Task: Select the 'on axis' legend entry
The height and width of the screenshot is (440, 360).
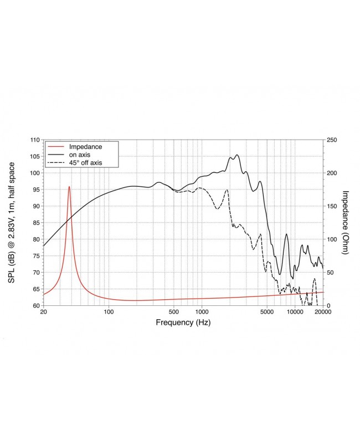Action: click(x=81, y=155)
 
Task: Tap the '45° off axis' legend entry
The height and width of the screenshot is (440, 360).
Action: click(x=86, y=162)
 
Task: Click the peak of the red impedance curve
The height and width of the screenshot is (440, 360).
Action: click(x=69, y=187)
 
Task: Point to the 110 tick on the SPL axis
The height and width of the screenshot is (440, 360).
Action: click(x=34, y=140)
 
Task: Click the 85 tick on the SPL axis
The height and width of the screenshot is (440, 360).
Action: click(x=35, y=223)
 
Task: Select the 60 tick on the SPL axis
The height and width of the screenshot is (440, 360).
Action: click(x=35, y=306)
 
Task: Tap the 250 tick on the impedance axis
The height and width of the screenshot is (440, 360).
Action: click(x=331, y=140)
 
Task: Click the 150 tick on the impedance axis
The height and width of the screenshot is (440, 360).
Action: click(x=331, y=206)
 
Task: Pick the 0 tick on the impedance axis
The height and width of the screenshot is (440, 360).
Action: click(x=328, y=306)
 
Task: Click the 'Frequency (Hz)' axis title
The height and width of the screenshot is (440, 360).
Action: click(x=182, y=323)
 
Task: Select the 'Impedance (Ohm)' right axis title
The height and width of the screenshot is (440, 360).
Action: click(x=344, y=223)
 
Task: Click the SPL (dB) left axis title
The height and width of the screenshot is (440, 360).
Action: click(x=12, y=223)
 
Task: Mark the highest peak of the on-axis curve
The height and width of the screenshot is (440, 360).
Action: click(x=237, y=155)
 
